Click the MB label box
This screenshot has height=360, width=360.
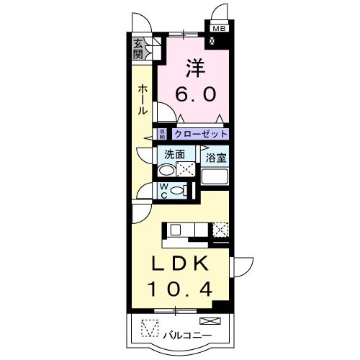(218, 30)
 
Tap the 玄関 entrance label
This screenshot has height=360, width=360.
(139, 50)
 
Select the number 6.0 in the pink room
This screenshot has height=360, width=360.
(197, 94)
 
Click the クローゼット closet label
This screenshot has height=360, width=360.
(200, 134)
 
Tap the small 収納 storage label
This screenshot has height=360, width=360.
(163, 134)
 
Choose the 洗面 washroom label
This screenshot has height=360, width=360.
(174, 154)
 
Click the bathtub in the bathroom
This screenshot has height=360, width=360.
(214, 176)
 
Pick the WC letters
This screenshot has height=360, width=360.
(163, 190)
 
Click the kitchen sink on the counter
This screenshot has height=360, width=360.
(177, 230)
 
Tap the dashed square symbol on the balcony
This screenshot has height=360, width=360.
(148, 328)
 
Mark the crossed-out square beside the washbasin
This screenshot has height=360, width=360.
(186, 171)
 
